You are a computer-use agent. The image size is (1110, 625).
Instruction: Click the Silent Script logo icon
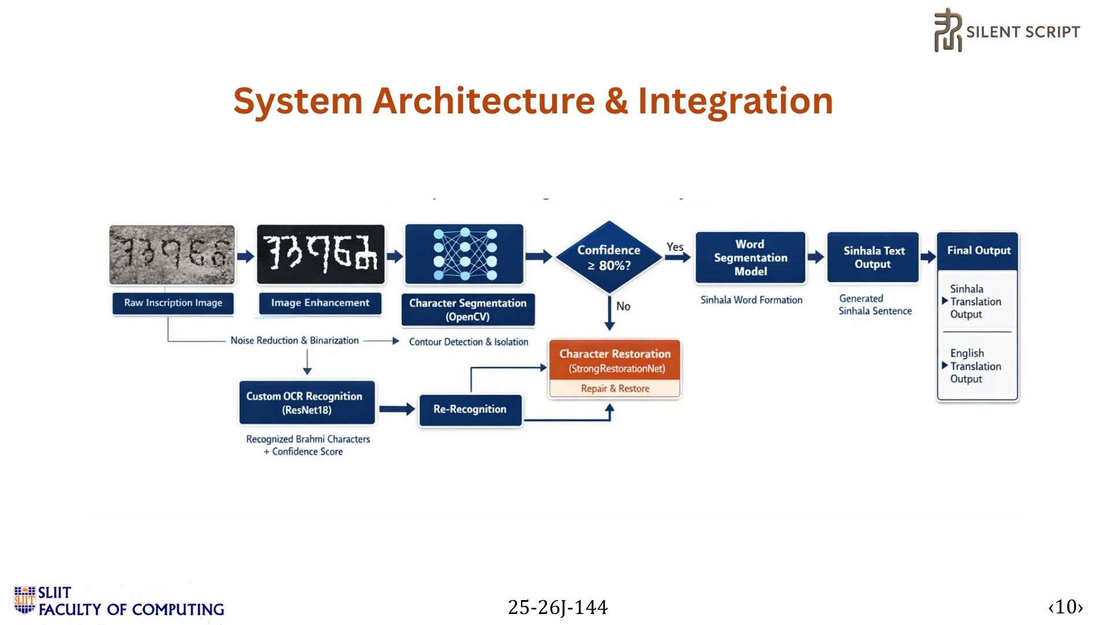pos(948,31)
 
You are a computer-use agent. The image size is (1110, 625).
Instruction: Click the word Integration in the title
pos(735,101)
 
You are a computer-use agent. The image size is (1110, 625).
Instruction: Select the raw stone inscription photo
pos(172,255)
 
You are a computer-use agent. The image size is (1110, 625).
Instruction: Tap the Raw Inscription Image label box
pos(173,303)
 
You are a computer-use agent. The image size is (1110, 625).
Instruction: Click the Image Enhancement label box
pos(320,303)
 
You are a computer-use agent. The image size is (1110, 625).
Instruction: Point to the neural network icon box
pos(464,255)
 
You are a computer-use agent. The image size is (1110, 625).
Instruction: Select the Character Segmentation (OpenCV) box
pos(468,310)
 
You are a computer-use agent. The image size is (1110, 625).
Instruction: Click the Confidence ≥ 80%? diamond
pos(609,258)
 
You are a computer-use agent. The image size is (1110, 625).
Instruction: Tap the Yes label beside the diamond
pos(675,247)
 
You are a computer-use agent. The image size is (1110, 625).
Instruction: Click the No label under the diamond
pos(623,306)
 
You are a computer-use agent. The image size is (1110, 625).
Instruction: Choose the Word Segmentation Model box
pos(750,258)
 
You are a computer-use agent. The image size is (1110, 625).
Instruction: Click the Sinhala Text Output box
pos(873,258)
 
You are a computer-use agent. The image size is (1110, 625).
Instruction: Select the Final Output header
pos(978,251)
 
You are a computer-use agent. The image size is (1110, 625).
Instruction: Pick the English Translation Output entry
pos(975,366)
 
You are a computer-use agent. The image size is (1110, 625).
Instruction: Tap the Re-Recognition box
pos(470,410)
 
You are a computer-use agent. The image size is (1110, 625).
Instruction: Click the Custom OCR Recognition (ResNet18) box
pos(307,403)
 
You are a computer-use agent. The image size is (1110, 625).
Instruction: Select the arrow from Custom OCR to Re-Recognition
pos(397,409)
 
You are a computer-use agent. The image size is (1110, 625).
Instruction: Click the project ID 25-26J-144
pos(557,607)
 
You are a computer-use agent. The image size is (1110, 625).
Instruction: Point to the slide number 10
pos(1065,606)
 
